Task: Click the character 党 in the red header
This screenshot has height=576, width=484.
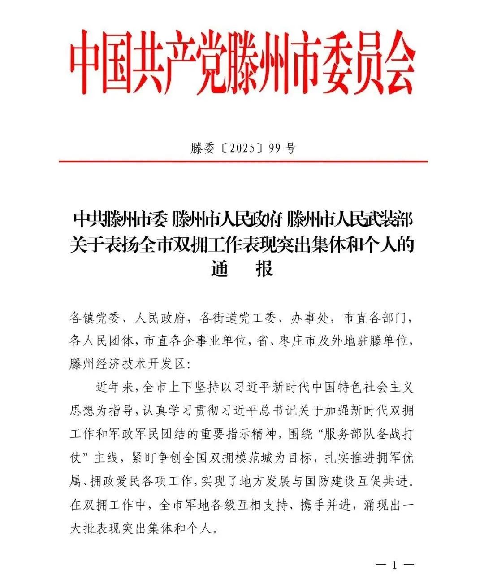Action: click(209, 63)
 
